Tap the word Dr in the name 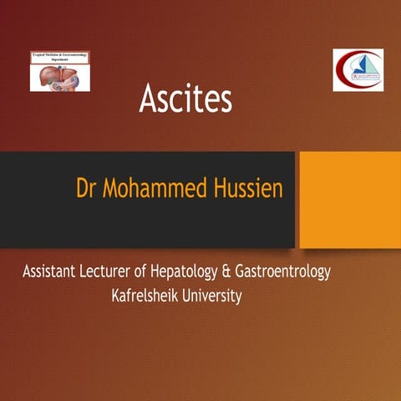pyautogui.click(x=86, y=188)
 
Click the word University pyautogui.click(x=212, y=296)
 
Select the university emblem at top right pyautogui.click(x=358, y=70)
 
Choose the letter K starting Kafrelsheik pyautogui.click(x=116, y=295)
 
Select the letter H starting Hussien pyautogui.click(x=221, y=188)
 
